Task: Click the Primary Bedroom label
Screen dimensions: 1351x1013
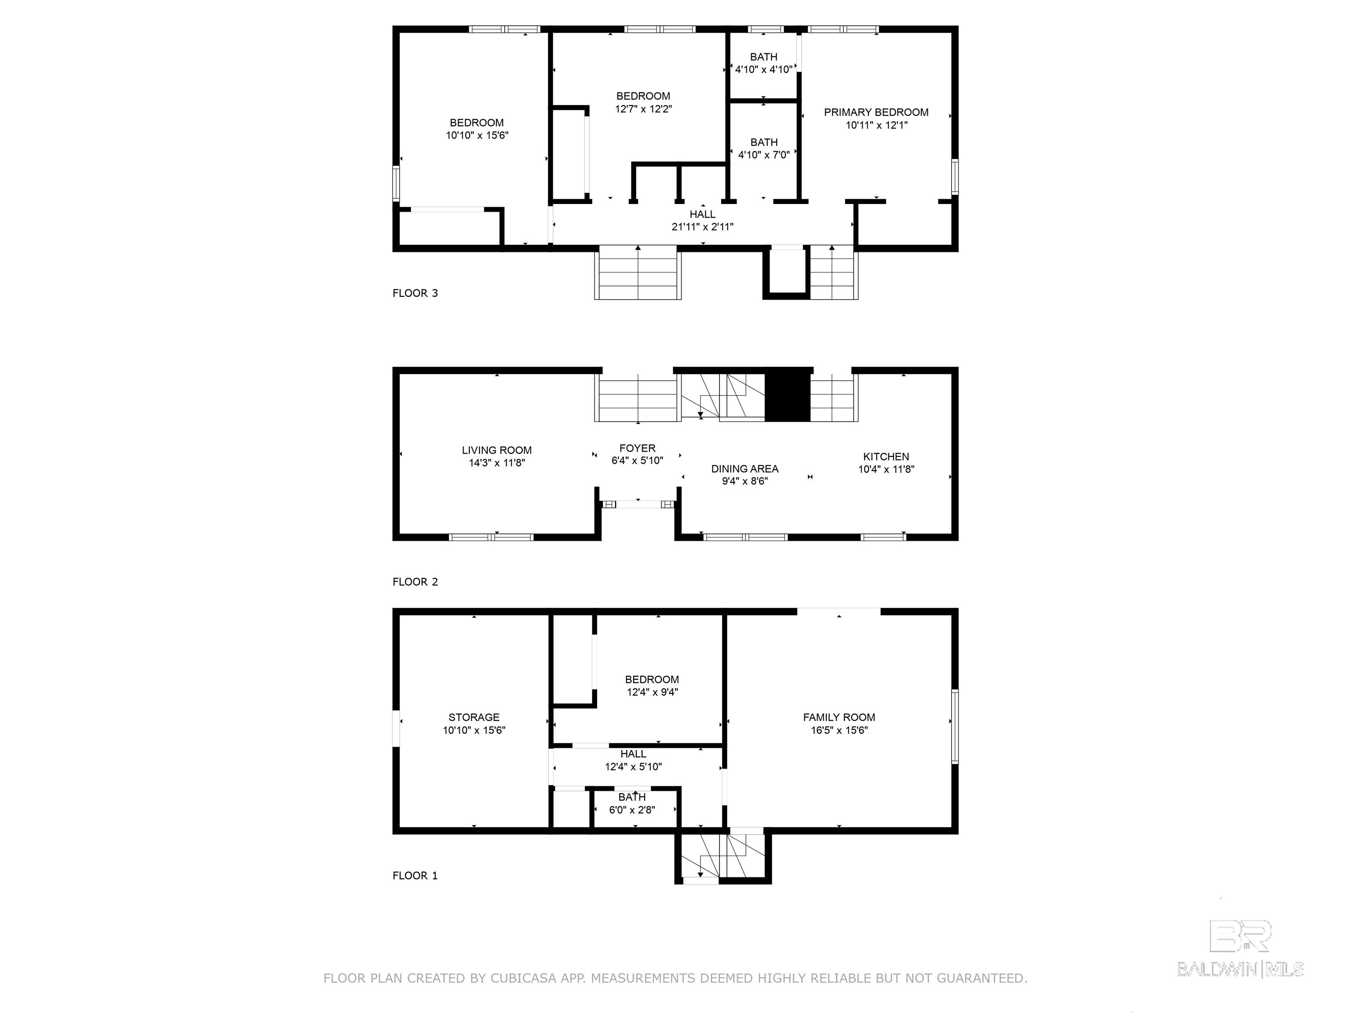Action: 876,113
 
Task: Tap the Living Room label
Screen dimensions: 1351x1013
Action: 497,451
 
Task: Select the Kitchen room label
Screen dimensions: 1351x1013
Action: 886,457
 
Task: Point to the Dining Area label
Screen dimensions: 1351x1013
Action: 745,469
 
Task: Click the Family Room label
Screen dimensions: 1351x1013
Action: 839,718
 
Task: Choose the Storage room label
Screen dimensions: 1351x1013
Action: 474,718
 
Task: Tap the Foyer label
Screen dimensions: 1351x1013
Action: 637,448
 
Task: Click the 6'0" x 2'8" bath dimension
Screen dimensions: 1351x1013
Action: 632,810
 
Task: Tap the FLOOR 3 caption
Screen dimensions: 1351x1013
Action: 415,293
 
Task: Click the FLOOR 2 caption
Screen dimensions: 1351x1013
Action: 415,582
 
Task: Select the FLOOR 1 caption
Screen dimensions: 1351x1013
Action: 415,876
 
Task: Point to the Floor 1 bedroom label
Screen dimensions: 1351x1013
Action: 652,680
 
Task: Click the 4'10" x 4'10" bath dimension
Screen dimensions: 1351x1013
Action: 763,69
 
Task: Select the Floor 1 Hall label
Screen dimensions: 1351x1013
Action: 633,754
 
